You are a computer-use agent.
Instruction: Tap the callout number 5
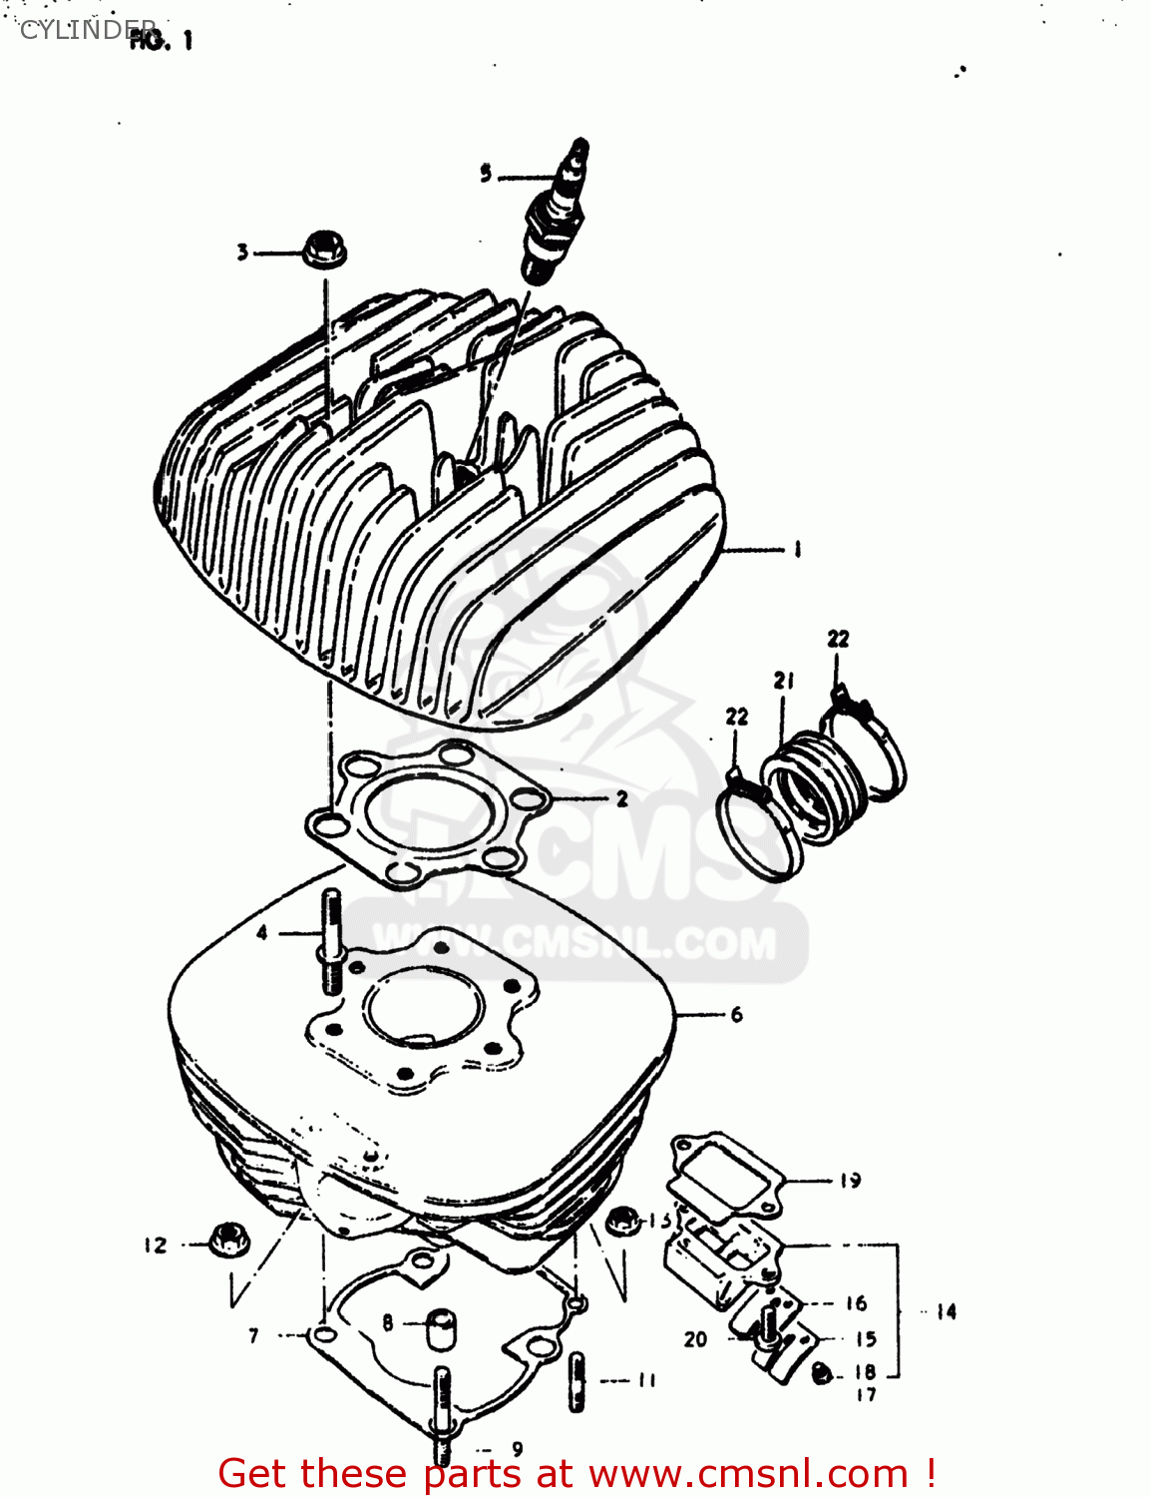click(x=486, y=174)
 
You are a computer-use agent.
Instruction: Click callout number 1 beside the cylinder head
click(x=797, y=549)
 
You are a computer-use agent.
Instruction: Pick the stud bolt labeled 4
click(x=331, y=941)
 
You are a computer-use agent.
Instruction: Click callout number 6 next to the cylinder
click(x=736, y=1015)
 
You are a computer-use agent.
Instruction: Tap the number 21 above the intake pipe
click(x=784, y=681)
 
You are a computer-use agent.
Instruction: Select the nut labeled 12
click(x=228, y=1242)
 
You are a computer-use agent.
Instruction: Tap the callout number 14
click(x=946, y=1311)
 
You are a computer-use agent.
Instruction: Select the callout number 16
click(x=856, y=1302)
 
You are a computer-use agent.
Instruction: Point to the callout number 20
click(x=695, y=1339)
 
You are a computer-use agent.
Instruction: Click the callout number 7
click(x=253, y=1335)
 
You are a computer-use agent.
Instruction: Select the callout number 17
click(x=865, y=1394)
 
